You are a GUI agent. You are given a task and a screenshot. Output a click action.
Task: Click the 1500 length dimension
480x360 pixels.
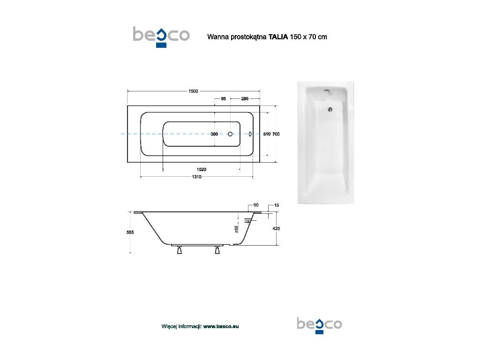point(193,91)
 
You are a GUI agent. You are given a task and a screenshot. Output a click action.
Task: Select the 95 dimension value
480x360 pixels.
point(224,99)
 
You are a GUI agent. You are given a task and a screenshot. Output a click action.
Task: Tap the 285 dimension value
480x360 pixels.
point(245,99)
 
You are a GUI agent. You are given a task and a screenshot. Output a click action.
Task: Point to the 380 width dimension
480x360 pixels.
point(214,134)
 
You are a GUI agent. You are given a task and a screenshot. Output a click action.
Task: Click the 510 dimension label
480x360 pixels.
point(267,134)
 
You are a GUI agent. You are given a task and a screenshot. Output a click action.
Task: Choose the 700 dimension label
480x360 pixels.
point(276,134)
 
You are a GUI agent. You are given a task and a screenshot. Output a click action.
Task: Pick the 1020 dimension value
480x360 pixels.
point(201,170)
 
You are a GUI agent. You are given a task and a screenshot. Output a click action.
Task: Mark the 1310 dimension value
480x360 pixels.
point(196,177)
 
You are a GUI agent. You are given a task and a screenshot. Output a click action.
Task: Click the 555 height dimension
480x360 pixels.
point(130,232)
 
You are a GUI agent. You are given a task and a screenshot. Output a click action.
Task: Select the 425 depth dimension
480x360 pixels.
point(276,228)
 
